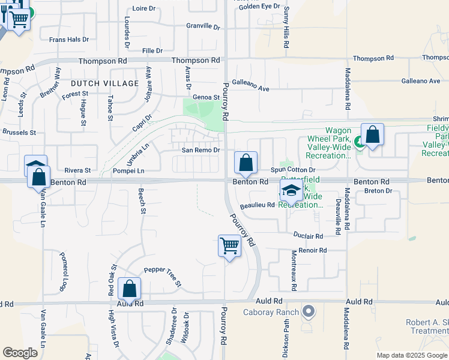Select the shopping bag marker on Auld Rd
pos(129,289)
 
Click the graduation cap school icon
pos(291,191)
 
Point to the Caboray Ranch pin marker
pos(309,311)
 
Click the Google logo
pos(20,352)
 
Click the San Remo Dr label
pos(201,150)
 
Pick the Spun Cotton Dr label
pos(297,170)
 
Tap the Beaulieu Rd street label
pos(257,205)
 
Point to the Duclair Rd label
pos(309,236)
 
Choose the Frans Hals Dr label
pos(69,39)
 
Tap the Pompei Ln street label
pos(128,171)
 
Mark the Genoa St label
pos(206,97)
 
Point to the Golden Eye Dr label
pos(259,6)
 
